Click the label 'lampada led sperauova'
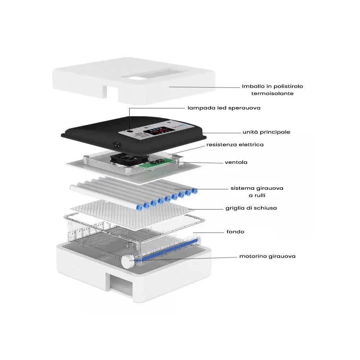point(224,108)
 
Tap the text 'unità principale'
point(266,132)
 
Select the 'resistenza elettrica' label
point(235,145)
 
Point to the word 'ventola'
point(236,162)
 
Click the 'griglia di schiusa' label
point(251,208)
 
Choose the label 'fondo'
point(235,231)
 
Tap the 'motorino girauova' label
point(267,256)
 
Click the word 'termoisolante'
point(273,93)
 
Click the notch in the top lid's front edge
point(110,93)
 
